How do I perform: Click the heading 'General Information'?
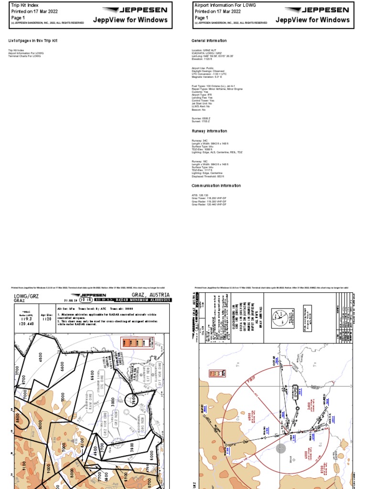(209, 41)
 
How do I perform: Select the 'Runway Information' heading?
(209, 131)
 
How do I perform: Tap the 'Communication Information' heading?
(216, 186)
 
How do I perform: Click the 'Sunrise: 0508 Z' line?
(201, 118)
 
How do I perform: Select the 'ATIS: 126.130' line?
(200, 195)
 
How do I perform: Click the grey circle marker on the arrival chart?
(281, 448)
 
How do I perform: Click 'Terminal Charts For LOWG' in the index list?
(24, 56)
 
